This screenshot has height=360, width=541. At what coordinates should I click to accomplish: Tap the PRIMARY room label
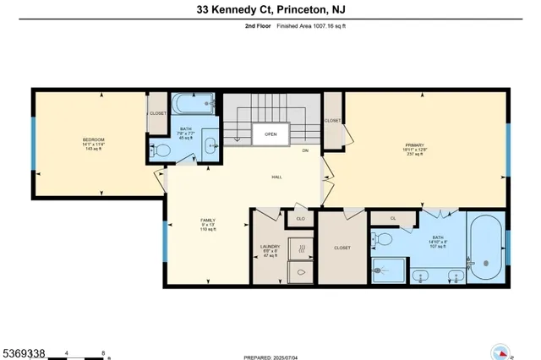(x=415, y=146)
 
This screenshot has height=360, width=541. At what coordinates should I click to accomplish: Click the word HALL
(x=276, y=177)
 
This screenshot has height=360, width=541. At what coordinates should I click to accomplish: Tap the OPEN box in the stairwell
(x=270, y=134)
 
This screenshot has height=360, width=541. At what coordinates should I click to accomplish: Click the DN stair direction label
(x=305, y=150)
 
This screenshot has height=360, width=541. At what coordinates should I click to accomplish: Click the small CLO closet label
(x=299, y=218)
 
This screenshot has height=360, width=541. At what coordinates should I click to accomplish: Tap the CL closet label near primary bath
(x=393, y=218)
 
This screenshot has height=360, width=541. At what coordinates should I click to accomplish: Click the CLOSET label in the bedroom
(x=158, y=112)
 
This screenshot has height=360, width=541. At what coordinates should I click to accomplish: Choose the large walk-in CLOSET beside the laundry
(x=342, y=248)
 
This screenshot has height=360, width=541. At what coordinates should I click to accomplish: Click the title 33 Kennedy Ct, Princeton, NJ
(x=270, y=10)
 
